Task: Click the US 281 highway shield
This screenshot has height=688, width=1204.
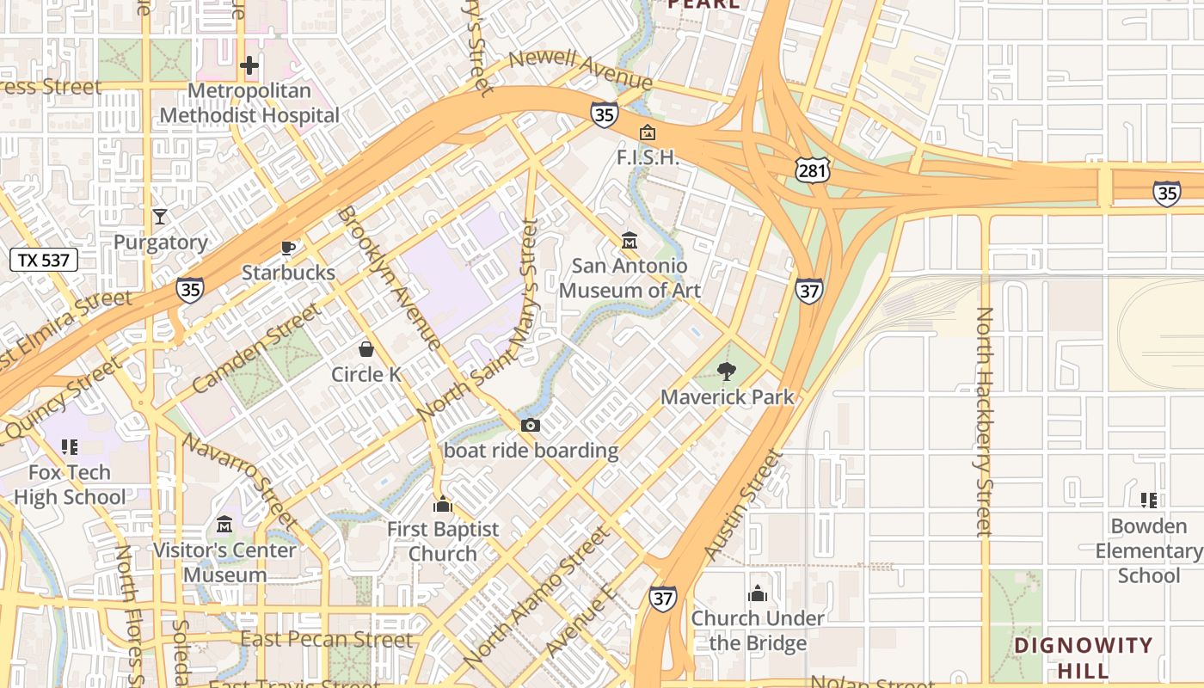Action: click(x=812, y=170)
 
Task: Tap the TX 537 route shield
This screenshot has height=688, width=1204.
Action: click(x=44, y=260)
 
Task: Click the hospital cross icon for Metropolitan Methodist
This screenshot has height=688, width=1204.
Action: click(x=249, y=65)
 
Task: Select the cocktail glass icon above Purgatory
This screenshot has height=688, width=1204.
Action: click(x=160, y=216)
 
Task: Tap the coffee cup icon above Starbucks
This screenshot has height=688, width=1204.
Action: click(x=288, y=248)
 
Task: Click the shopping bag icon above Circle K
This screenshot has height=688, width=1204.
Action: click(x=366, y=349)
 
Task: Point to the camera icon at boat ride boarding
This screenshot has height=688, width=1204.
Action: click(x=531, y=425)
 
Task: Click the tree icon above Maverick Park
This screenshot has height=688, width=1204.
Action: click(x=727, y=372)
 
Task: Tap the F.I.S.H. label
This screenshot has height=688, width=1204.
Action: click(x=648, y=158)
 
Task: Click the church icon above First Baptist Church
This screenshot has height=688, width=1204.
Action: click(x=443, y=504)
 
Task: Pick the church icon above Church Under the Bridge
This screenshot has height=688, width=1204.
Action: click(x=758, y=593)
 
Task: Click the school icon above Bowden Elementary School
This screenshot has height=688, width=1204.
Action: click(x=1148, y=500)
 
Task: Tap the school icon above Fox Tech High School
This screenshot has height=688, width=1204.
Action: click(x=70, y=447)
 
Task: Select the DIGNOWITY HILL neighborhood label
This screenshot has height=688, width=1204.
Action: click(x=1082, y=657)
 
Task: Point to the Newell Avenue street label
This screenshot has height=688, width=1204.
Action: click(x=580, y=69)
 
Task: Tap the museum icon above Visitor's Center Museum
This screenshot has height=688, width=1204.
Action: click(x=225, y=524)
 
